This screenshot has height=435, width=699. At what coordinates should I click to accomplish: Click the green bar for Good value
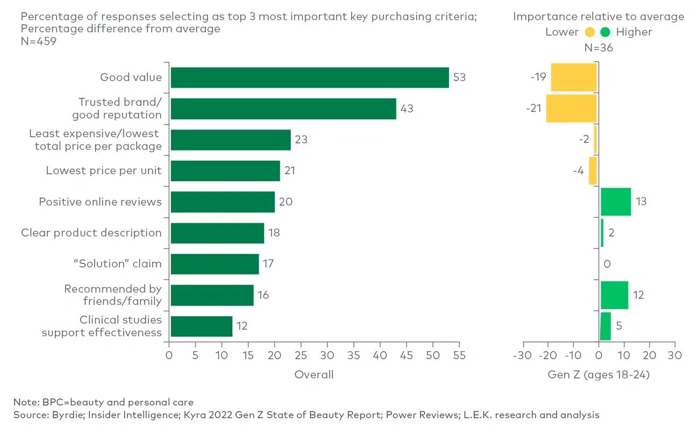309,77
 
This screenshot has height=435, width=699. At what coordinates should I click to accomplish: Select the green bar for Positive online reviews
222,202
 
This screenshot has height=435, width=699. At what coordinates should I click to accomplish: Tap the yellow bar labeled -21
572,109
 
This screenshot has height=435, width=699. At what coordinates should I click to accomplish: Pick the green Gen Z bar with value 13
615,202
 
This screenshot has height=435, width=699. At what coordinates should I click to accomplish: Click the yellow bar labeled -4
593,170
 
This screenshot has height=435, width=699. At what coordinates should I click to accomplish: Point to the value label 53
459,77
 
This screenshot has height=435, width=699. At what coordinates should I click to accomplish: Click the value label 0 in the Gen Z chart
607,264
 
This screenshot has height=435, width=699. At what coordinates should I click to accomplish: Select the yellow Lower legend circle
589,32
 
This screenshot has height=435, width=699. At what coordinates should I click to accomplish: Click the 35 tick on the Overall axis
354,355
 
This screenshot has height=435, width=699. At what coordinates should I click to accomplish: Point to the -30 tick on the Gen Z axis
522,355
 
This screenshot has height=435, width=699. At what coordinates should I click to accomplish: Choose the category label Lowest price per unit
104,171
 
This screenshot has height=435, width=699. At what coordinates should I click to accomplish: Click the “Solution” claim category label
117,264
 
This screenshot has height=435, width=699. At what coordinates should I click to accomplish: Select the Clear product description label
91,233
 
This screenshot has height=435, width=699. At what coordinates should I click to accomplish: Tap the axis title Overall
314,374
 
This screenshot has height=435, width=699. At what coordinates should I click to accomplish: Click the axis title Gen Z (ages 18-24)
598,374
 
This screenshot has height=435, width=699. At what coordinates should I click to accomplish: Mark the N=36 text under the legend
598,47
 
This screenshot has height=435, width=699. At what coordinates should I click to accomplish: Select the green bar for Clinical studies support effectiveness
201,326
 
